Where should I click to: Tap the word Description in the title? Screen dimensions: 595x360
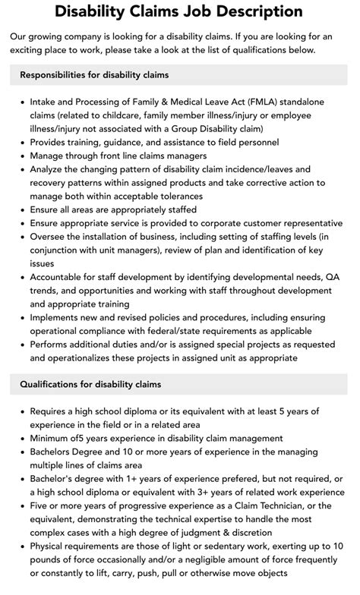[x=248, y=11]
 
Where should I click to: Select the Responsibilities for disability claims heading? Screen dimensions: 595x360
[x=94, y=75]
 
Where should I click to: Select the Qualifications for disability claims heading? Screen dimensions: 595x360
[x=90, y=385]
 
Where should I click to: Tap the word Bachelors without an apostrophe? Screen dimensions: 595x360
[x=54, y=452]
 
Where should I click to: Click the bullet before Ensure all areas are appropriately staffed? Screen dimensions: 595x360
[x=21, y=210]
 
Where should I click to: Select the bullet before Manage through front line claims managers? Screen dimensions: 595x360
[x=21, y=156]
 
